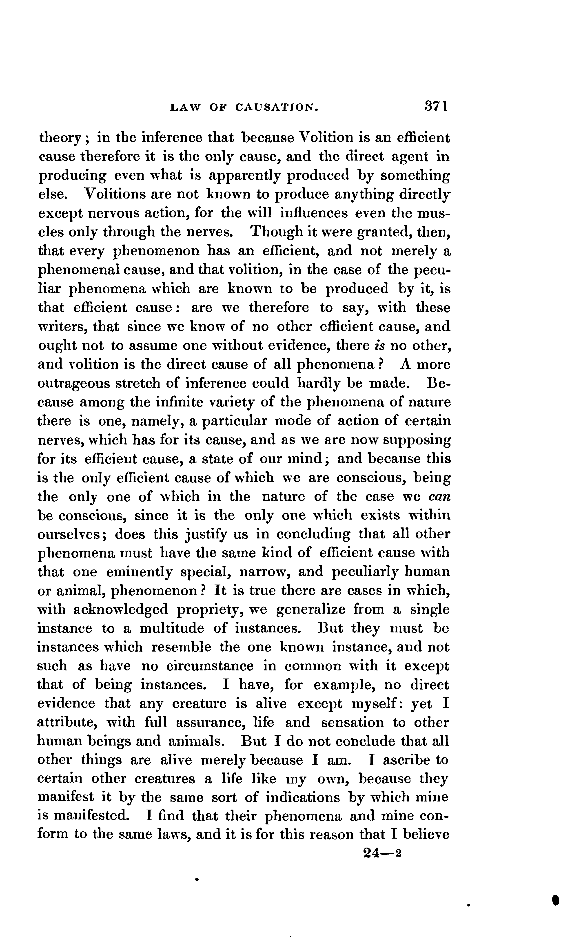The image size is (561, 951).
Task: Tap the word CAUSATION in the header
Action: click(x=277, y=108)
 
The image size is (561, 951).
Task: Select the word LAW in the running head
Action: click(x=184, y=108)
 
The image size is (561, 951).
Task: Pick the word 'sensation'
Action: click(x=352, y=723)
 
